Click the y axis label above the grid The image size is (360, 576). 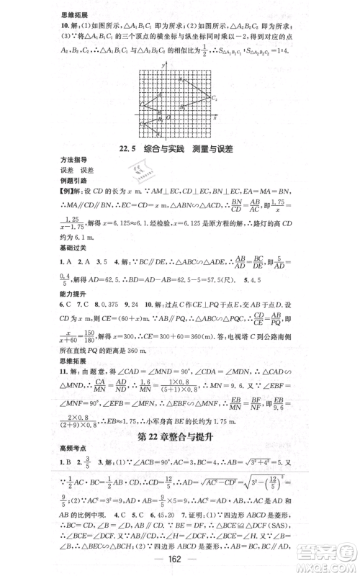pyautogui.click(x=166, y=64)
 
